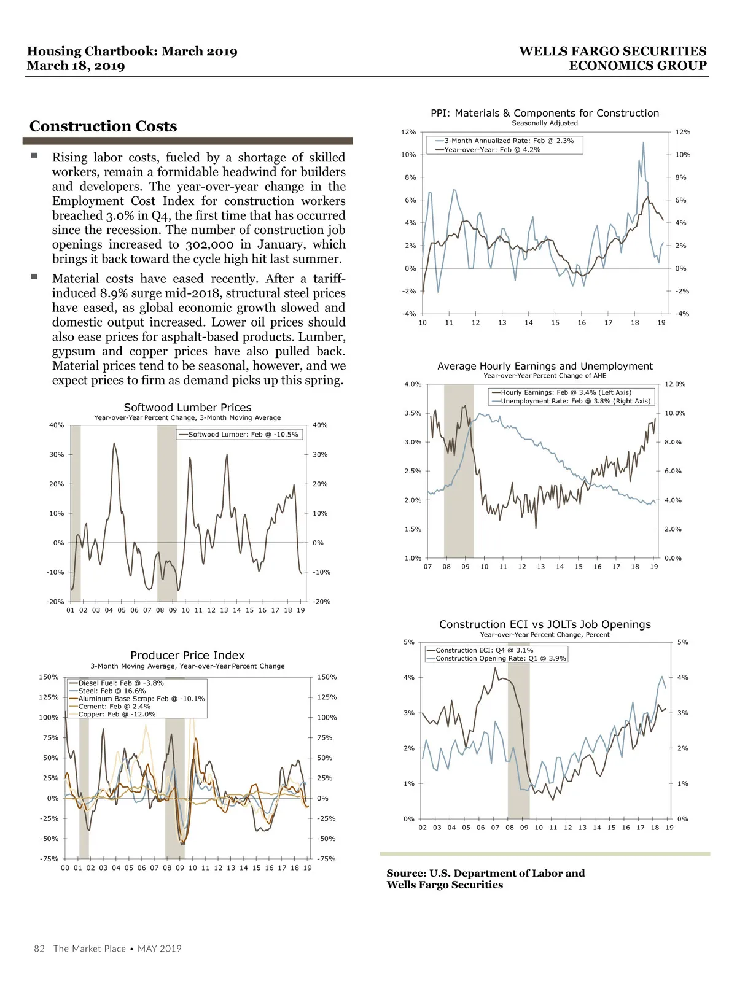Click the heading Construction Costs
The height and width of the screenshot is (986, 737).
click(x=103, y=126)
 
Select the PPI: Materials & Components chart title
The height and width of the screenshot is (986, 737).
click(x=544, y=113)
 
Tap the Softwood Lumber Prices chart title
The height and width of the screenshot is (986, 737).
click(x=187, y=408)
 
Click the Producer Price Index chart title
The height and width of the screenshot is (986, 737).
click(x=187, y=656)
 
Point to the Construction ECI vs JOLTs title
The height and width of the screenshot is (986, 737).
click(x=545, y=624)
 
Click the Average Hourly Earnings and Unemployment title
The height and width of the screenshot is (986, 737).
click(x=545, y=366)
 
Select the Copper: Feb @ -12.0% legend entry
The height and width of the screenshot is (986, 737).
click(x=117, y=714)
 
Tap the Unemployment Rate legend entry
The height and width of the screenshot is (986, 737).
click(x=575, y=401)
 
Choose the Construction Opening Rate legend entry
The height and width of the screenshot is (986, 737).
click(x=501, y=658)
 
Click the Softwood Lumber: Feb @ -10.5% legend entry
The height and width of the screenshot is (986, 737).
click(x=243, y=435)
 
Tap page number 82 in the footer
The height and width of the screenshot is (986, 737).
click(x=39, y=949)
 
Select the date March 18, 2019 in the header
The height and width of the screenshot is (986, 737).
click(x=76, y=66)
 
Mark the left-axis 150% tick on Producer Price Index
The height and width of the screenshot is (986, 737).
click(x=49, y=677)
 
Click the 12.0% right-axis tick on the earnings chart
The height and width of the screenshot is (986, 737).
click(x=675, y=384)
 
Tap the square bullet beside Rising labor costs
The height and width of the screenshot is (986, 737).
click(x=34, y=157)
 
